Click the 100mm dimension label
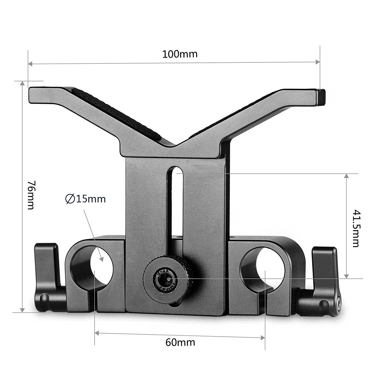(180, 54)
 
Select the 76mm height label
(31, 195)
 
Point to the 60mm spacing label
(180, 342)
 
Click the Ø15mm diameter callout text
(85, 199)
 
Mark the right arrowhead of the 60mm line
(263, 338)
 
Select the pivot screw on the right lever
(339, 301)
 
